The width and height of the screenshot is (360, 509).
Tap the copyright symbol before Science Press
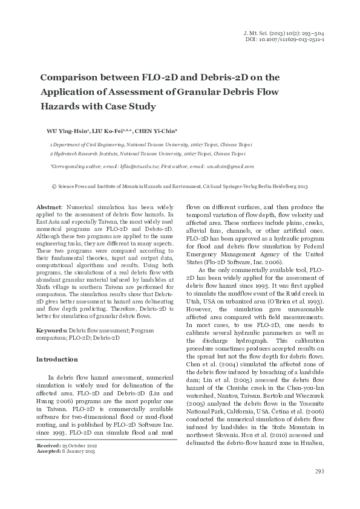[x=54, y=187]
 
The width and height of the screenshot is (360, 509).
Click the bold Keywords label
[x=52, y=331]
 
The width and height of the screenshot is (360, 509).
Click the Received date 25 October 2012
[x=81, y=462]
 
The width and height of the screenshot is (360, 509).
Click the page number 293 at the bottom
[x=320, y=488]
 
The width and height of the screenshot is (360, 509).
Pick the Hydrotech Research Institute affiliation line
[x=151, y=155]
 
